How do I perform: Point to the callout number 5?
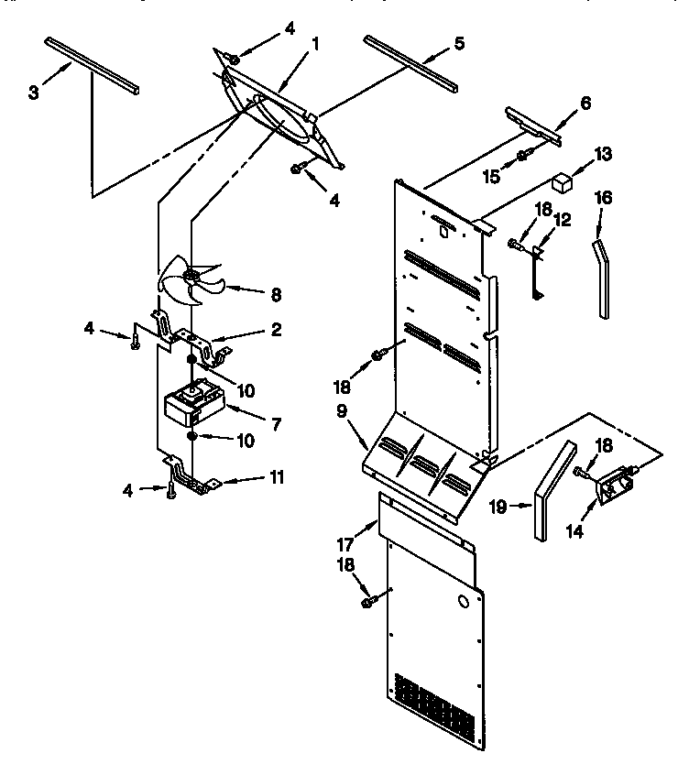coord(459,43)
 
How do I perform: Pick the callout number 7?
coord(278,426)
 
